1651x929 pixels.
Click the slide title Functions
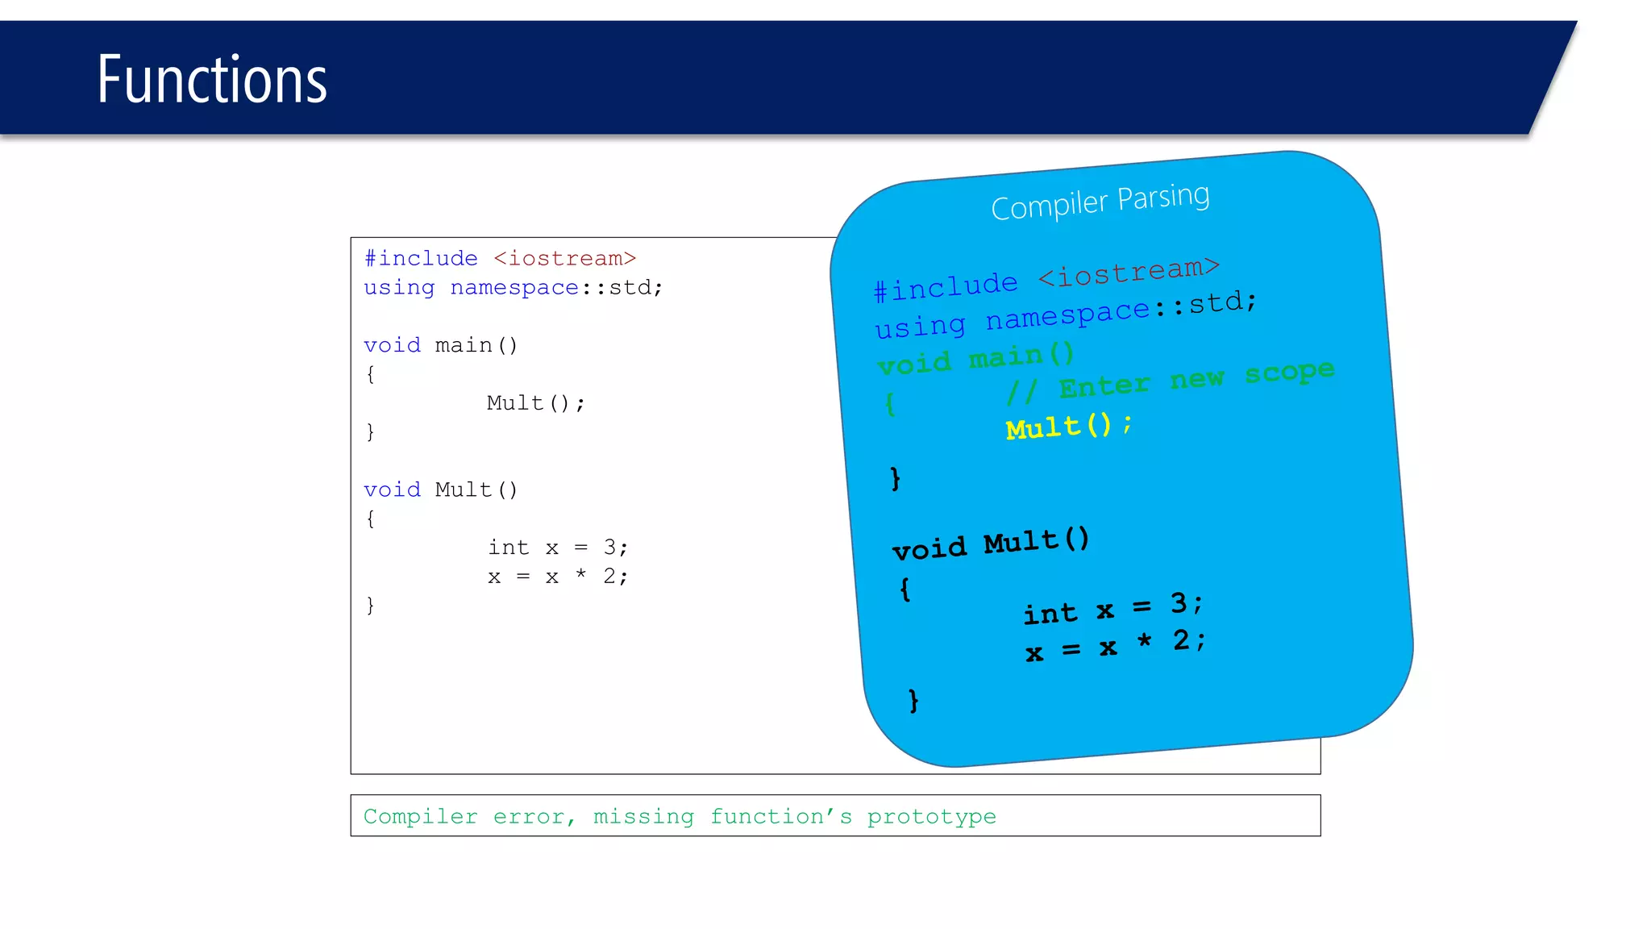pyautogui.click(x=212, y=80)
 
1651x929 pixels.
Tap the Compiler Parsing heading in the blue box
pyautogui.click(x=1100, y=202)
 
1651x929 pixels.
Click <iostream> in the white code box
pyautogui.click(x=564, y=259)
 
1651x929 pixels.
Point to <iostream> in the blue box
pyautogui.click(x=1129, y=272)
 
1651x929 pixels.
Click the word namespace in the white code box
pyautogui.click(x=514, y=288)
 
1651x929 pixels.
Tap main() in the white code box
pyautogui.click(x=476, y=346)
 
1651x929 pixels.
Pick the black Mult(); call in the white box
pyautogui.click(x=535, y=403)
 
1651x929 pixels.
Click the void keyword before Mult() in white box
pyautogui.click(x=392, y=490)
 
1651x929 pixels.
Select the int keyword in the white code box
pyautogui.click(x=508, y=548)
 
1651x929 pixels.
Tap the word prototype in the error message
pyautogui.click(x=931, y=817)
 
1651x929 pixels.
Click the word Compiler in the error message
pyautogui.click(x=420, y=817)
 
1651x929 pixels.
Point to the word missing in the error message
pyautogui.click(x=643, y=817)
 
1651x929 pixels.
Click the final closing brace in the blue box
pyautogui.click(x=913, y=700)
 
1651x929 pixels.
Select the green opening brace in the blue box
pyautogui.click(x=890, y=403)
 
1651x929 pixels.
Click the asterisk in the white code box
pyautogui.click(x=580, y=575)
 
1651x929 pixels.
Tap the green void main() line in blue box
pyautogui.click(x=975, y=360)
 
